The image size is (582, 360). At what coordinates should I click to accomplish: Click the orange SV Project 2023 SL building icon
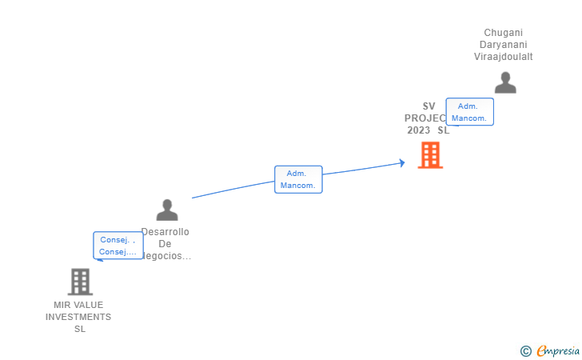click(x=430, y=155)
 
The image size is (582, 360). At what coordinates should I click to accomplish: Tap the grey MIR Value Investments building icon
click(x=80, y=282)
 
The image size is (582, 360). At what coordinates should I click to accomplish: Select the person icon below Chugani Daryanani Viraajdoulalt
click(x=505, y=83)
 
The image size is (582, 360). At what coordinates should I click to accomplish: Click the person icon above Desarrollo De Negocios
click(x=167, y=210)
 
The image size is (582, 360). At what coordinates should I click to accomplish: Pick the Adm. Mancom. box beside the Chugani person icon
click(x=469, y=112)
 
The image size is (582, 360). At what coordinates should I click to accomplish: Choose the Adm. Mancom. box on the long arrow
click(x=298, y=179)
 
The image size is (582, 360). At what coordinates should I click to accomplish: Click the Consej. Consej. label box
click(x=118, y=246)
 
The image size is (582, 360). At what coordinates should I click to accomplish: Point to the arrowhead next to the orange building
click(x=402, y=163)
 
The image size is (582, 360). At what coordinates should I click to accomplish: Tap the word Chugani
click(x=503, y=33)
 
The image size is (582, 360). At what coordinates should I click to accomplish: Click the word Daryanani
click(x=503, y=45)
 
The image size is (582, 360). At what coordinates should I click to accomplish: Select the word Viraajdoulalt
click(x=503, y=57)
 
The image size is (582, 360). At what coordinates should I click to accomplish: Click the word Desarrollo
click(x=165, y=232)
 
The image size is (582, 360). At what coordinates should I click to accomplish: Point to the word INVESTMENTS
click(x=78, y=317)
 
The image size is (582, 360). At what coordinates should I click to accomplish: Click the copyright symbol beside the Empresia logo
click(x=525, y=350)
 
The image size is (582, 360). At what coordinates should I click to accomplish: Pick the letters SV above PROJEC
click(x=429, y=106)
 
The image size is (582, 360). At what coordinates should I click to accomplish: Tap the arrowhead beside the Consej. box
click(x=98, y=259)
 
